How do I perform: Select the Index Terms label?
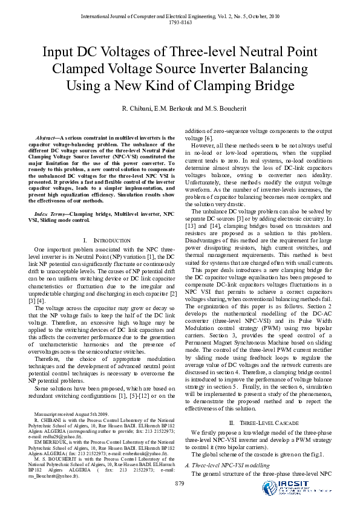[x=51, y=214]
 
